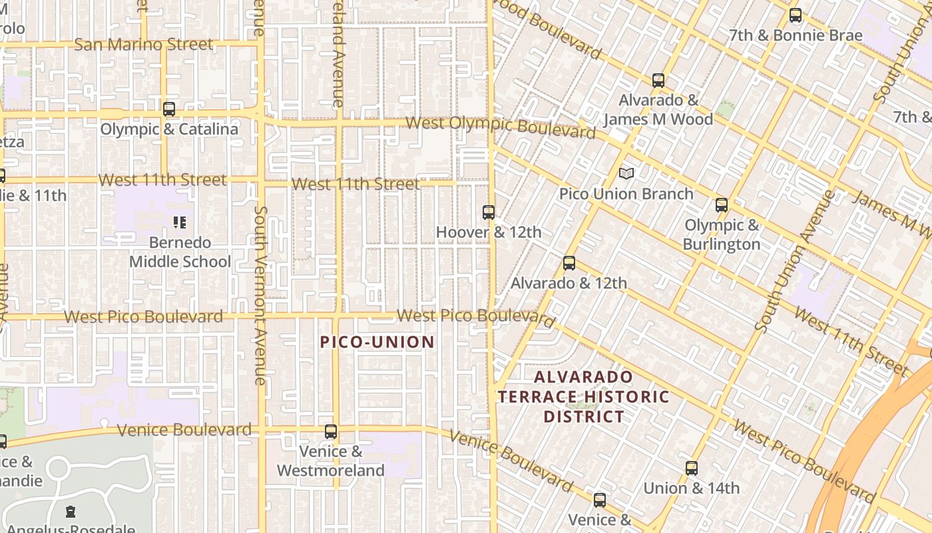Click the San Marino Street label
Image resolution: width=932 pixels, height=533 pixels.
click(144, 45)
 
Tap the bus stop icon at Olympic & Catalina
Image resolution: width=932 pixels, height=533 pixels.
click(169, 109)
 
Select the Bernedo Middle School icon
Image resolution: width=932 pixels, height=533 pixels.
click(180, 222)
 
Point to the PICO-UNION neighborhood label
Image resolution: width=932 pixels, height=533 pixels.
click(377, 342)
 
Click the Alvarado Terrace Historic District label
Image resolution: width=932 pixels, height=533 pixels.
click(584, 397)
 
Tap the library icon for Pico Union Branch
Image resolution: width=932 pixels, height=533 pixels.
click(626, 173)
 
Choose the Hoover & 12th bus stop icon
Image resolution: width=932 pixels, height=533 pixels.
click(489, 213)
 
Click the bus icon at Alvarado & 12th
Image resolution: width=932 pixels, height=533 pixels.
click(569, 263)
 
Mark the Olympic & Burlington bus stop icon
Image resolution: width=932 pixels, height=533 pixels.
click(722, 205)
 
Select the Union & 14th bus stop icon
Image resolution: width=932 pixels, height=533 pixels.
click(692, 468)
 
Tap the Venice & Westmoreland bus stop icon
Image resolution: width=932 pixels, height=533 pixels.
click(331, 432)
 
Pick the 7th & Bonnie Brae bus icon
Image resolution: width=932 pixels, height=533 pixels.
click(796, 15)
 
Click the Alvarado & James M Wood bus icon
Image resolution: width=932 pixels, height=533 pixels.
click(658, 81)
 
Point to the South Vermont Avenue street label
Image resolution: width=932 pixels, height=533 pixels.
click(260, 294)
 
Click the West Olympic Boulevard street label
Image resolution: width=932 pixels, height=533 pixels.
click(501, 127)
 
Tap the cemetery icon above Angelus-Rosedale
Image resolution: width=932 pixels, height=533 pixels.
click(70, 512)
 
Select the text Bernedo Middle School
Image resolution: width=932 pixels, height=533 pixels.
click(180, 252)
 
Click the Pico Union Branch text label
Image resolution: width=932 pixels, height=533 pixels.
click(626, 194)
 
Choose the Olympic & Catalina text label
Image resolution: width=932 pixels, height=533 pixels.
click(169, 129)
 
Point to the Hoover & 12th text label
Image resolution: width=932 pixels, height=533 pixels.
click(489, 233)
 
